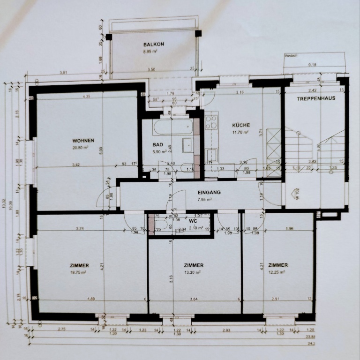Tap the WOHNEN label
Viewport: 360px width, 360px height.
[x=83, y=141]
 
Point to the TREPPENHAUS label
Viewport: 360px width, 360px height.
[x=316, y=99]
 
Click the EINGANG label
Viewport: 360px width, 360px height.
[x=209, y=192]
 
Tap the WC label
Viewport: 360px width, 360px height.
[x=193, y=220]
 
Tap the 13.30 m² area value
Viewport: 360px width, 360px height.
[x=193, y=272]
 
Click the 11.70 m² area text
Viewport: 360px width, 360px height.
[x=241, y=133]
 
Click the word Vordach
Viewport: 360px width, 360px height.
[x=290, y=56]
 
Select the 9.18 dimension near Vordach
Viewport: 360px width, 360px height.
[x=312, y=65]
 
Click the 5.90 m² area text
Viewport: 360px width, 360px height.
[x=158, y=152]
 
